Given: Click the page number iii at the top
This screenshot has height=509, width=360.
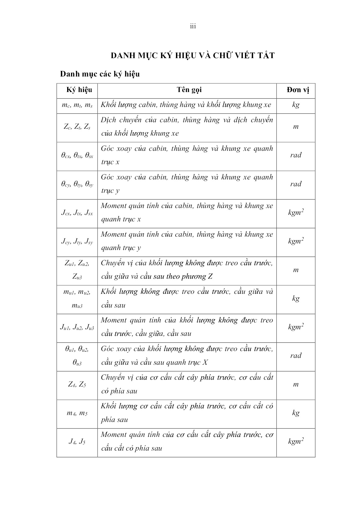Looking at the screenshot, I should pyautogui.click(x=193, y=26).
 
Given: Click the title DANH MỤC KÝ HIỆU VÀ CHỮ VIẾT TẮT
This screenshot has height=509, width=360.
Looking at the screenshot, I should pyautogui.click(x=193, y=56).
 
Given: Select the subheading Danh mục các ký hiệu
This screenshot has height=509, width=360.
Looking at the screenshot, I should pyautogui.click(x=100, y=74).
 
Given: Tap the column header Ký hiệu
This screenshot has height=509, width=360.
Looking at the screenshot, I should pyautogui.click(x=79, y=90).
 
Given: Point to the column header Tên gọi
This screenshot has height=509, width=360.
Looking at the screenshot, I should pyautogui.click(x=189, y=90).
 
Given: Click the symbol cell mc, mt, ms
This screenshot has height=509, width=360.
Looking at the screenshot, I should pyautogui.click(x=77, y=105).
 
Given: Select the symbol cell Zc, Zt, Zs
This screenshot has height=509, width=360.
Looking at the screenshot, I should pyautogui.click(x=77, y=127).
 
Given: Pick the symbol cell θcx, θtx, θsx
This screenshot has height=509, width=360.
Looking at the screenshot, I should pyautogui.click(x=77, y=155).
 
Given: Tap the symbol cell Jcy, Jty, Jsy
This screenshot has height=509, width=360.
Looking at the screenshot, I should pyautogui.click(x=77, y=242).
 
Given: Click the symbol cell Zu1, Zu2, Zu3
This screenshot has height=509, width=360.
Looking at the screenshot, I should pyautogui.click(x=77, y=270).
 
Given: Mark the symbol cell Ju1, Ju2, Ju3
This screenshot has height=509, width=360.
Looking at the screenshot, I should pyautogui.click(x=77, y=327).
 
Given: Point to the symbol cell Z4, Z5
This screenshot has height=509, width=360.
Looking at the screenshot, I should pyautogui.click(x=77, y=384).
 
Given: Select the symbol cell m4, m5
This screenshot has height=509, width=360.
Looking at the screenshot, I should pyautogui.click(x=77, y=413).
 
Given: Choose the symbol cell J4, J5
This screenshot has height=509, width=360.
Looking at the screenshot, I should pyautogui.click(x=77, y=442).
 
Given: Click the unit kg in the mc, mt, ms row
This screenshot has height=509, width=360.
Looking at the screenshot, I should pyautogui.click(x=296, y=105).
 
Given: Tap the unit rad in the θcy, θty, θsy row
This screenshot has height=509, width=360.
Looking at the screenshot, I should pyautogui.click(x=296, y=184).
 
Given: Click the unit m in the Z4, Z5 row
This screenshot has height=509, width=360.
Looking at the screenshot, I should pyautogui.click(x=296, y=384).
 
